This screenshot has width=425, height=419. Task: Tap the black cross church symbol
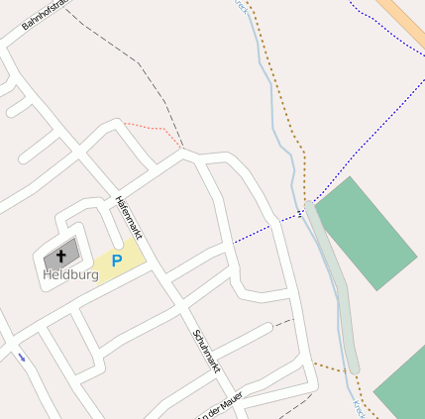(x=62, y=256)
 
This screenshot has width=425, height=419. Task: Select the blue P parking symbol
(x=116, y=262)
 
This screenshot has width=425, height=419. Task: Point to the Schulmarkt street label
(x=206, y=350)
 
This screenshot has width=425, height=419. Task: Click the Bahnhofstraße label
(x=46, y=15)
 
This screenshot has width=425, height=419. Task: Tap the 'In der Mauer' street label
(x=220, y=406)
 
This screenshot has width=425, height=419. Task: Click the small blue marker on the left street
(x=21, y=357)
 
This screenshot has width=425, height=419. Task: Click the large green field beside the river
(x=366, y=232)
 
